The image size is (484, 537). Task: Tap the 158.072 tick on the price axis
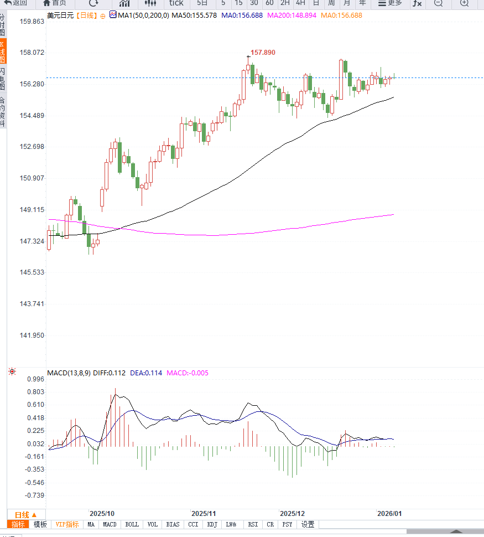pyautogui.click(x=32, y=53)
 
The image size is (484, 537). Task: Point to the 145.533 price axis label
pyautogui.click(x=32, y=272)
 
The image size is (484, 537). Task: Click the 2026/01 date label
pyautogui.click(x=389, y=514)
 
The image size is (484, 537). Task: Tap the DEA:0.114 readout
pyautogui.click(x=146, y=373)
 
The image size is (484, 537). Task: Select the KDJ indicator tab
pyautogui.click(x=211, y=524)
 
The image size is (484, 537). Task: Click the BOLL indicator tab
pyautogui.click(x=132, y=524)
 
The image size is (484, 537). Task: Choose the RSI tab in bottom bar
pyautogui.click(x=253, y=524)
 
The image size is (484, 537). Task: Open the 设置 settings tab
pyautogui.click(x=308, y=524)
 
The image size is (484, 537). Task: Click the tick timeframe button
pyautogui.click(x=176, y=3)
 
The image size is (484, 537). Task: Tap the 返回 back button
pyautogui.click(x=16, y=3)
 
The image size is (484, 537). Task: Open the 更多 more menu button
pyautogui.click(x=391, y=3)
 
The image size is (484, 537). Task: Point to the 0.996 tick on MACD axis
pyautogui.click(x=35, y=379)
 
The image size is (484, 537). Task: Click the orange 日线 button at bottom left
pyautogui.click(x=25, y=514)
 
